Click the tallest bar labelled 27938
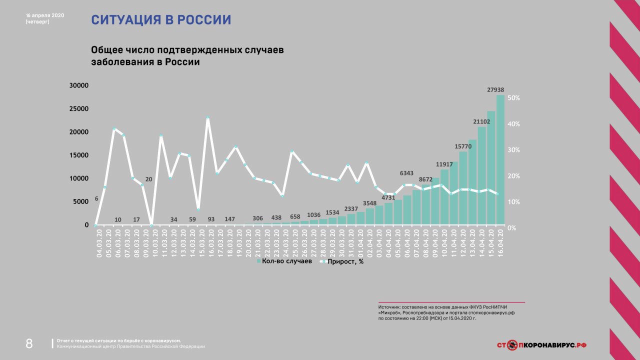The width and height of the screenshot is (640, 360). point(500,160)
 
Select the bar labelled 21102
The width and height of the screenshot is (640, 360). point(481,175)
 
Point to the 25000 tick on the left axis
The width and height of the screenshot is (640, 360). point(79,109)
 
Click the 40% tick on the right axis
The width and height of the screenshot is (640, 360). point(514,124)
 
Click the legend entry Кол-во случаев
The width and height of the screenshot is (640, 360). point(284,261)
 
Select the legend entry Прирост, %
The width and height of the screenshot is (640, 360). point(342,261)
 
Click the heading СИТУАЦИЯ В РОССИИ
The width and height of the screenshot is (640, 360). point(161,20)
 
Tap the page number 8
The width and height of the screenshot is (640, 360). point(29,344)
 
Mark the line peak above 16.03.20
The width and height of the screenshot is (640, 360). point(207,118)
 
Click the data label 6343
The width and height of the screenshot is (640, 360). point(407,173)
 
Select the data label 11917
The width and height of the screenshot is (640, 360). point(444,164)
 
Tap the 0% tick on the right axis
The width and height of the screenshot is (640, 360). point(512,228)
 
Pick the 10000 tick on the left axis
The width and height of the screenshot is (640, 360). point(79,178)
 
